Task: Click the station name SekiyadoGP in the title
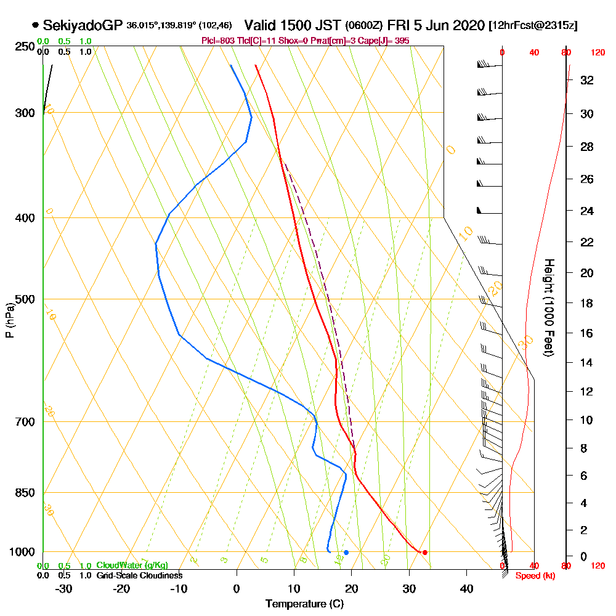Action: pyautogui.click(x=83, y=26)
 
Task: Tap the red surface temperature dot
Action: pyautogui.click(x=424, y=552)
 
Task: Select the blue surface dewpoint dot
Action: pyautogui.click(x=346, y=552)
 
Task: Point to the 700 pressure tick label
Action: pyautogui.click(x=24, y=422)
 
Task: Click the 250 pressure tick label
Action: pyautogui.click(x=24, y=47)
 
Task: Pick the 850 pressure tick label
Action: pyautogui.click(x=24, y=493)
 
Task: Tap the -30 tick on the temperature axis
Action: pyautogui.click(x=64, y=588)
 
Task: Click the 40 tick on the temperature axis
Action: pyautogui.click(x=466, y=588)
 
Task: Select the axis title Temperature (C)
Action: pyautogui.click(x=304, y=604)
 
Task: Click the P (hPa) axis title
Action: pyautogui.click(x=9, y=320)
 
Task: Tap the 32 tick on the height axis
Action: pyautogui.click(x=587, y=79)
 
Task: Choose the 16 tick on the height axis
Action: pyautogui.click(x=587, y=333)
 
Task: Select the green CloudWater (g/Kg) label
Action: pyautogui.click(x=132, y=565)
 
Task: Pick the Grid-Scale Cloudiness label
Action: pyautogui.click(x=139, y=575)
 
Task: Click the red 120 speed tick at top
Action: pyautogui.click(x=597, y=53)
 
